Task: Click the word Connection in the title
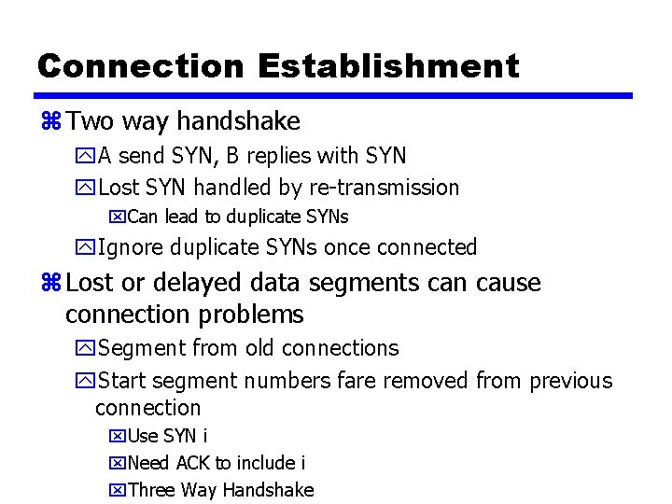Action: (x=140, y=66)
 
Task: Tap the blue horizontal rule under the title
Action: (x=334, y=95)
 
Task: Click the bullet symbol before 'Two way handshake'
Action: (x=49, y=121)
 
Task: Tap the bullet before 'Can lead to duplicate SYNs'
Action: (x=117, y=217)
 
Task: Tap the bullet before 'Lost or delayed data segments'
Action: (x=49, y=283)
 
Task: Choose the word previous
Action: (x=571, y=381)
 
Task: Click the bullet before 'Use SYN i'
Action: (x=117, y=436)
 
